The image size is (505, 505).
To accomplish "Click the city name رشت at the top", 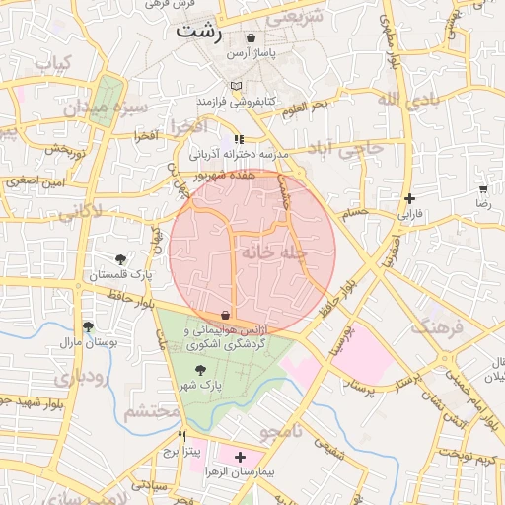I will (199, 31).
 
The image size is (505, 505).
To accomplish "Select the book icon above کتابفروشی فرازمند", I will (236, 87).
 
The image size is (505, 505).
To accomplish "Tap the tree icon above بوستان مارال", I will (89, 326).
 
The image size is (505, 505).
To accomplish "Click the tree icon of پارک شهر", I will (201, 369).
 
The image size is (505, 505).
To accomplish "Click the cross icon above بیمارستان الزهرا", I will (240, 457).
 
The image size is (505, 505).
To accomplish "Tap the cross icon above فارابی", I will (409, 198).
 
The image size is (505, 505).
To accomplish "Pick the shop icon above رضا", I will (483, 188).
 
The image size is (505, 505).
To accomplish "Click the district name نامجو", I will (286, 432).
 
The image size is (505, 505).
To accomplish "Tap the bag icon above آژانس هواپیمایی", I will (229, 316).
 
